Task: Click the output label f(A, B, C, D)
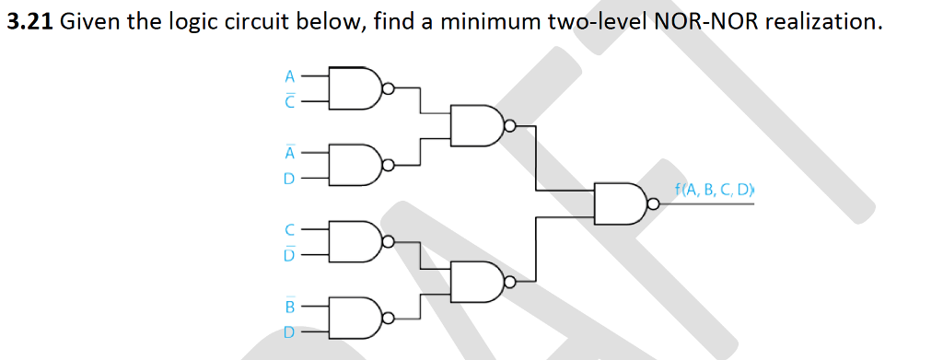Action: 714,192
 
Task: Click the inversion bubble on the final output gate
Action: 653,204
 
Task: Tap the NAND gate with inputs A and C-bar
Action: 356,88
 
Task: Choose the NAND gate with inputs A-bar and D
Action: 356,165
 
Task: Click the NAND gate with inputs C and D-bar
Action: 356,241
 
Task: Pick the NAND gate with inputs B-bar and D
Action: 356,318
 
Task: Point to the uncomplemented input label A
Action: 289,76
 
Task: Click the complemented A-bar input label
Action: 289,153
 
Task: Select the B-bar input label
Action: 289,305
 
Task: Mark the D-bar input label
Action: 289,254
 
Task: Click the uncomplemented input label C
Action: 289,229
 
